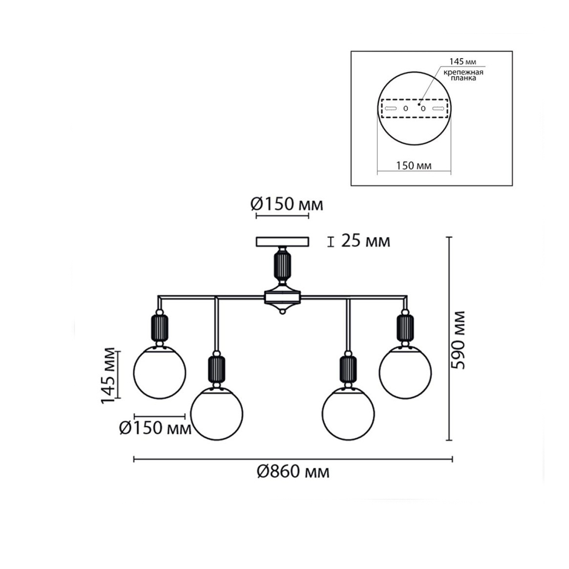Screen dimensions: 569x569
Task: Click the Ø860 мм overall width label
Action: click(x=293, y=472)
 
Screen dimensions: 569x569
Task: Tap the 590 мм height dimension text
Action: click(x=457, y=340)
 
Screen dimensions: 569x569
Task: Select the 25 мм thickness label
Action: click(x=365, y=241)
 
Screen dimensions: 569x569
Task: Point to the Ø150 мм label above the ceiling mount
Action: click(x=286, y=205)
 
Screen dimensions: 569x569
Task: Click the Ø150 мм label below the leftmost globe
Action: click(x=155, y=428)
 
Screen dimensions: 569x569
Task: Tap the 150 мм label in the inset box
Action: click(x=414, y=166)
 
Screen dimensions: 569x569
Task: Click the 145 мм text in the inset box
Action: click(x=463, y=61)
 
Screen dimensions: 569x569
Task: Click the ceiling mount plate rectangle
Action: click(x=283, y=242)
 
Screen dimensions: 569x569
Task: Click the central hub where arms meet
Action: click(x=283, y=298)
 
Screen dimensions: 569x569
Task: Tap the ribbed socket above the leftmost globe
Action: click(x=160, y=327)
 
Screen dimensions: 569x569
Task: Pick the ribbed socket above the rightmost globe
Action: click(x=405, y=327)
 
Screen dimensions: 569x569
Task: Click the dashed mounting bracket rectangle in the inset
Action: click(x=414, y=109)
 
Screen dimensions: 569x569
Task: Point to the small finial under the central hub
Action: click(x=283, y=311)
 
